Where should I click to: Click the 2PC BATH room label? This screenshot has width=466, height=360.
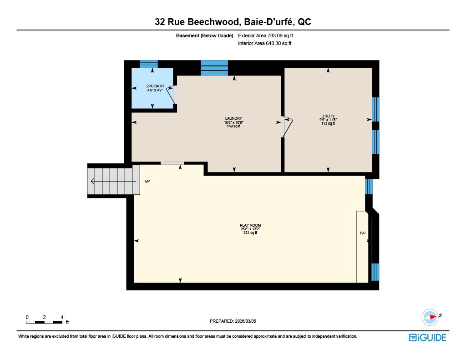coord(155,86)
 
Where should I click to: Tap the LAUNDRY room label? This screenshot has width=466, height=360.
coord(233,118)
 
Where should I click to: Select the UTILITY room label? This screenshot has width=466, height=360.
coord(328,116)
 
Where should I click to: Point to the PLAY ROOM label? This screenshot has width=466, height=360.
coord(250,225)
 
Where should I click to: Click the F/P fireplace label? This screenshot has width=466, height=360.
coord(363,233)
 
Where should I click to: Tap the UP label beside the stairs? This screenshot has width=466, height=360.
coord(147,181)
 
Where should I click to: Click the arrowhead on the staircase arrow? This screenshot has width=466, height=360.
coord(92,181)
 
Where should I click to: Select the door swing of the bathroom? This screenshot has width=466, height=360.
coord(171,95)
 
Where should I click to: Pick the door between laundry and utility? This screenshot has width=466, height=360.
coord(287,127)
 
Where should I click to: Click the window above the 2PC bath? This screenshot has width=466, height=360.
coord(149,64)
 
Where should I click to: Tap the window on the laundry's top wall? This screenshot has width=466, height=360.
coord(214,68)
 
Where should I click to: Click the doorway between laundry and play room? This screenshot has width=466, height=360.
coord(172,163)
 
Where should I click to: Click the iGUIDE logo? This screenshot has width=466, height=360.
coord(428,337)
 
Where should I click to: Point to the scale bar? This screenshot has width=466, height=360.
coord(44,322)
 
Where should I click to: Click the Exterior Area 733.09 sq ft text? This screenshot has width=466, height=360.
coord(265,35)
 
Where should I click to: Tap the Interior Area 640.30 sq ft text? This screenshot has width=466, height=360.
coord(264,43)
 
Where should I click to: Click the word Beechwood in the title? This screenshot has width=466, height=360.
coord(213,22)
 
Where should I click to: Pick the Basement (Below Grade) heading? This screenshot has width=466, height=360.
coord(204,35)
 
